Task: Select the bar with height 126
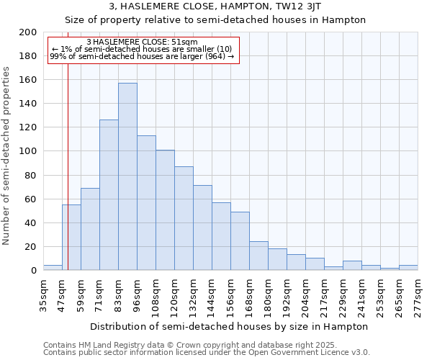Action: pos(109,194)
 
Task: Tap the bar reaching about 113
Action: pos(146,202)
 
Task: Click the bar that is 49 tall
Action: pos(240,240)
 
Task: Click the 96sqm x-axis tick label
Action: pos(137,297)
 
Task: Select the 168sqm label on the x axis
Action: pos(249,297)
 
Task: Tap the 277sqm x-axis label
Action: pos(418,297)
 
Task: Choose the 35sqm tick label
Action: pos(43,297)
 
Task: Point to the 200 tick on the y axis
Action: pos(28,32)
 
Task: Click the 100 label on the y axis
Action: pos(28,151)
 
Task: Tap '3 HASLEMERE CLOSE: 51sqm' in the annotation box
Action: pos(141,42)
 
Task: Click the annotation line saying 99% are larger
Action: pos(141,56)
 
